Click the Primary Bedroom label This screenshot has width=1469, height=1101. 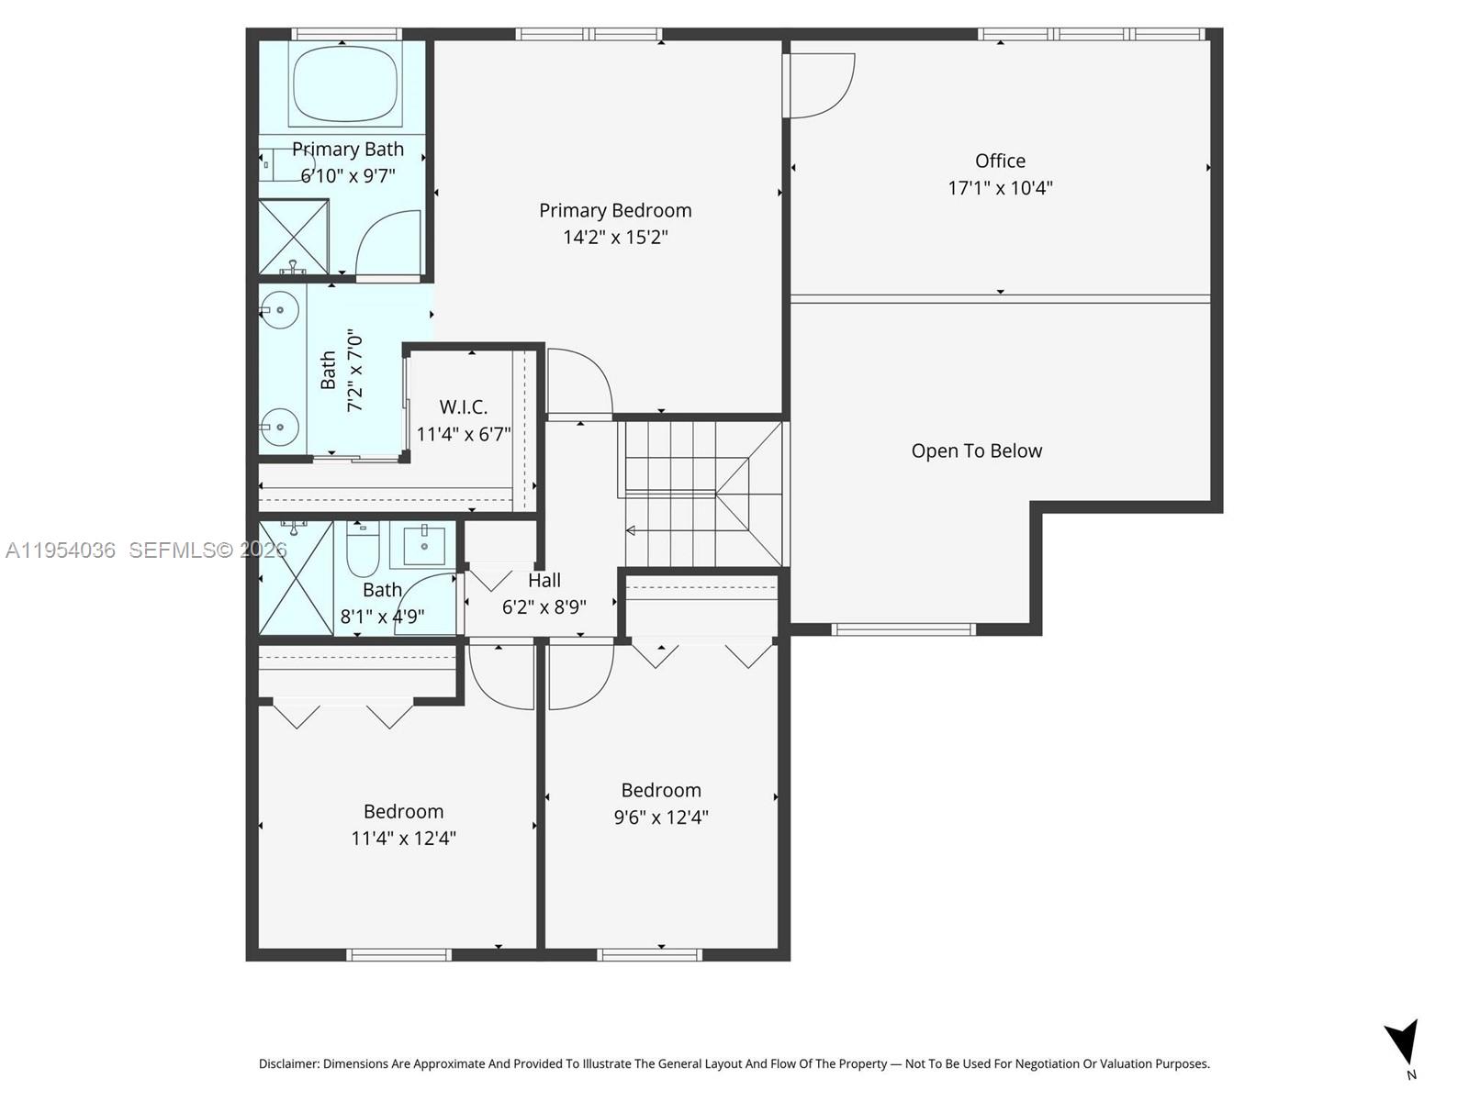click(615, 210)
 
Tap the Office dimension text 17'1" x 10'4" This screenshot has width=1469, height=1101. click(1000, 188)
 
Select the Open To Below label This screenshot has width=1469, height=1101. click(976, 450)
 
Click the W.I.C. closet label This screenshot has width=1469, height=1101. click(463, 406)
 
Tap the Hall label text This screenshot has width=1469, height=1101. click(544, 580)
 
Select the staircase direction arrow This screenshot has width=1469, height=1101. click(632, 530)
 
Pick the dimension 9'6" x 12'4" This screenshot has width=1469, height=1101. click(661, 817)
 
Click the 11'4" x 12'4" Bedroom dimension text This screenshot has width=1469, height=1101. click(403, 838)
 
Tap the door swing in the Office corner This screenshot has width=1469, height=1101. click(820, 84)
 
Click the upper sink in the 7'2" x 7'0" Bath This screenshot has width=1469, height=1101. click(278, 310)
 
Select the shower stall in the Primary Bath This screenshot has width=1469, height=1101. click(293, 236)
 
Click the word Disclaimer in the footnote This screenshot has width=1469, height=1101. click(288, 1063)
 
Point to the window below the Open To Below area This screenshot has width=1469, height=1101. click(903, 628)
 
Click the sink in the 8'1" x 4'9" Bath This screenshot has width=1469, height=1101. click(423, 546)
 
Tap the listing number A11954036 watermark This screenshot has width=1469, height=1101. click(61, 550)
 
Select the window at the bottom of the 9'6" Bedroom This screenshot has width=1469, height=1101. click(649, 955)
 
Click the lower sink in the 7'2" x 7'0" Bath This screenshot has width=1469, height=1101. click(278, 427)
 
